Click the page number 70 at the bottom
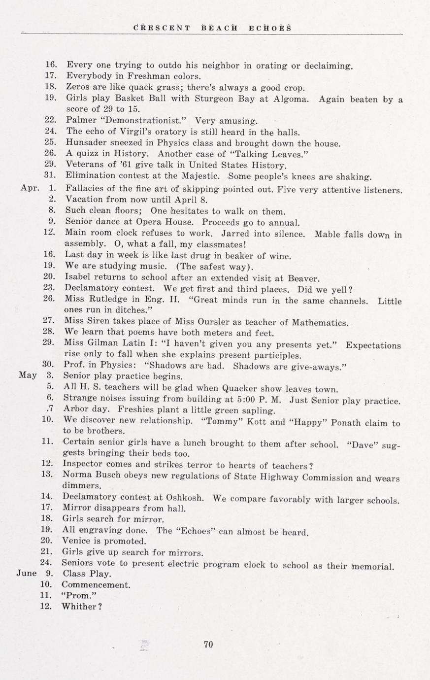(x=208, y=644)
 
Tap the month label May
(x=28, y=375)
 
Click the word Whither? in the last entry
(x=81, y=607)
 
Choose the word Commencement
(x=96, y=585)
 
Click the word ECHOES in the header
(x=270, y=28)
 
